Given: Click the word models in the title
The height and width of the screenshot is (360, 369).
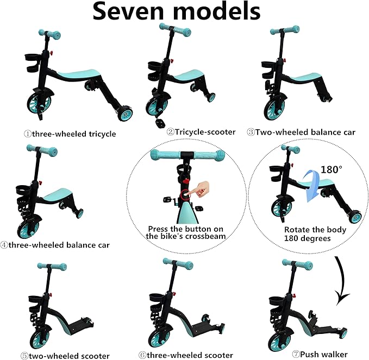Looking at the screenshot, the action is tap(216, 11).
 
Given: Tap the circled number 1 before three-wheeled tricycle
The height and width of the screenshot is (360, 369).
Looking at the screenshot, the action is tap(27, 134).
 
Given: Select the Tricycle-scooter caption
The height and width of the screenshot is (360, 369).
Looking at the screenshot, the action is tap(201, 132).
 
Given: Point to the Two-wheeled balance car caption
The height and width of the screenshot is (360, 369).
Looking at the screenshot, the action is tap(301, 132).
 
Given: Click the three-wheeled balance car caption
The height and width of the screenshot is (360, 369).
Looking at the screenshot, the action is tap(55, 245).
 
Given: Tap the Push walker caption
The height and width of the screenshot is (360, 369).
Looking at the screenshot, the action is tap(320, 354).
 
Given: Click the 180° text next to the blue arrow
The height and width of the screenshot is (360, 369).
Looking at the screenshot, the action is tap(332, 169).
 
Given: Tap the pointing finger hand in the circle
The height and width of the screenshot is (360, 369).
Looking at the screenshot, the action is tap(201, 189).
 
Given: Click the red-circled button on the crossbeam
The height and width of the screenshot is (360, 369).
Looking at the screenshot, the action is tap(185, 195).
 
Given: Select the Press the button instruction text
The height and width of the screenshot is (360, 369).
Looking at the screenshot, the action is tap(186, 232).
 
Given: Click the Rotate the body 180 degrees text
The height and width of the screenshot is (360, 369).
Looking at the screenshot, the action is tap(315, 234).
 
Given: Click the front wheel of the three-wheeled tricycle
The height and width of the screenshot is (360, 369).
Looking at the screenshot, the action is tap(39, 104).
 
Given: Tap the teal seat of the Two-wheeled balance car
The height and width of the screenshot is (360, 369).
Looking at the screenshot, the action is tap(306, 78).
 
